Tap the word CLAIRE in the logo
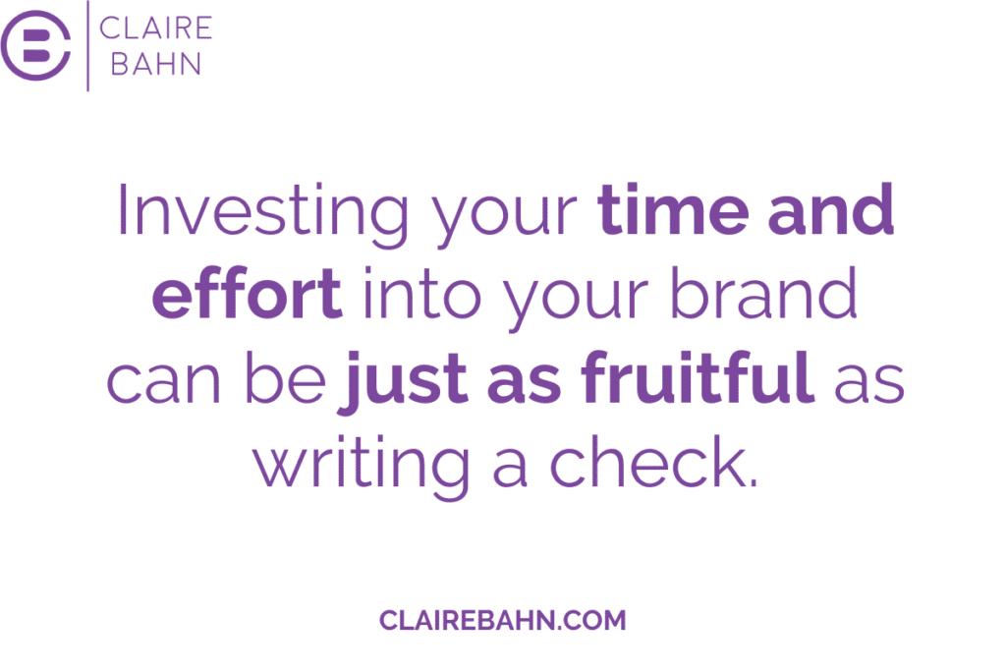point(155,28)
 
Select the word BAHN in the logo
point(156,64)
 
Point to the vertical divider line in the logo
point(87,45)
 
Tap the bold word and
point(831,208)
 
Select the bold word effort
point(247,293)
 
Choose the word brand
point(763,293)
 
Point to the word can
point(163,382)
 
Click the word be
point(286,377)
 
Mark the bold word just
point(403,382)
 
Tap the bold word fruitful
point(698,376)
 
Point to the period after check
point(754,482)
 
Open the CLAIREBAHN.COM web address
point(502,620)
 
